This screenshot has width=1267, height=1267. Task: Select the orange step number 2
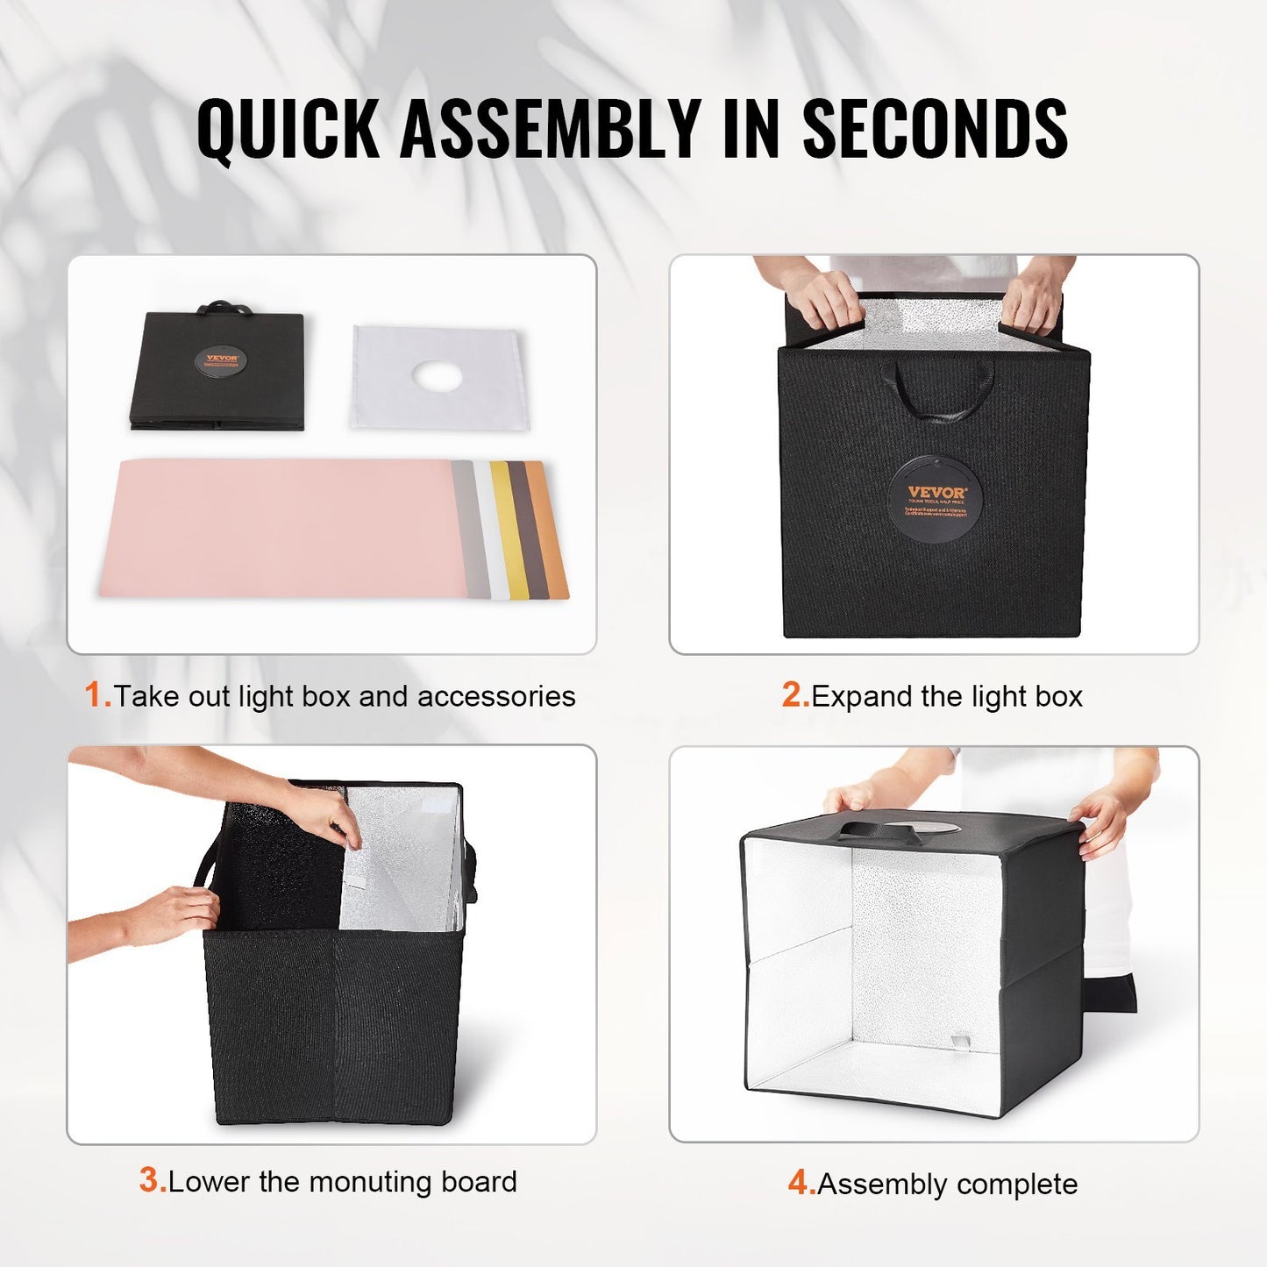tap(794, 695)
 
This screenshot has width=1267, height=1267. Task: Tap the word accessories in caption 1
tap(496, 696)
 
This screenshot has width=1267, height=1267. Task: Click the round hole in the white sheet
tap(437, 377)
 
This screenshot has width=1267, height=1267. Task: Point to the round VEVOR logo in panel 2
tap(935, 499)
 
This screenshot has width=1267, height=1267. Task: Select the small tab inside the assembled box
tap(960, 1041)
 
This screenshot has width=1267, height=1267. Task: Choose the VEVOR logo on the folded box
tap(221, 360)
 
